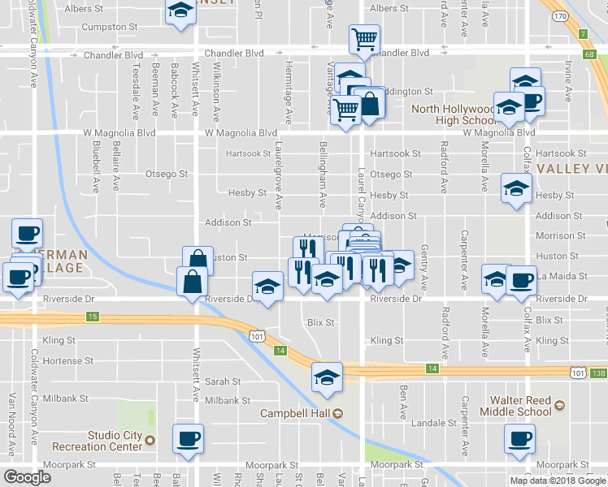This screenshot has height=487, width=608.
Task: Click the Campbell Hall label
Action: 293,413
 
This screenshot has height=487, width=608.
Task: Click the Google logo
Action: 27,477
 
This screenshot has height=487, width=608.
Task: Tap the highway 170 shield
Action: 560,15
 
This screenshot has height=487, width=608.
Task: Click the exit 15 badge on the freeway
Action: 92,316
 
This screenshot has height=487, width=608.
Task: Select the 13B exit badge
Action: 598,373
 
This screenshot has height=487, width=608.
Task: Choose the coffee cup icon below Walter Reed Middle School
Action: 519,439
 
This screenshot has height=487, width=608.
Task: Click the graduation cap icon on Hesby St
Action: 515,188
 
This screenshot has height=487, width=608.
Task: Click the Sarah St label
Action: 223,381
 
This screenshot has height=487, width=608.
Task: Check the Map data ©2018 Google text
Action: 558,481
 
